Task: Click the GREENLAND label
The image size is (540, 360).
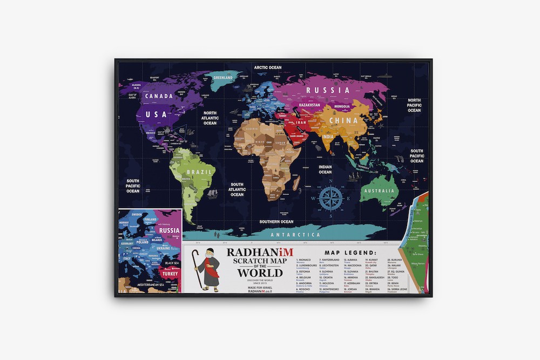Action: [222, 78]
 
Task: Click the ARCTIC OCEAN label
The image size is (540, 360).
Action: [268, 67]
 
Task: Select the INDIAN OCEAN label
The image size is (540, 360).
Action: [325, 169]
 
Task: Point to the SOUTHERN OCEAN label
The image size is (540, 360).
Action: [276, 222]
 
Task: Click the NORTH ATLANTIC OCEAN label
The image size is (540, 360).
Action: [210, 118]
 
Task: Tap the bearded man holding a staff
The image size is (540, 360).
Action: [205, 270]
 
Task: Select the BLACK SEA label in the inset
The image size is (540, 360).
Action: [172, 263]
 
